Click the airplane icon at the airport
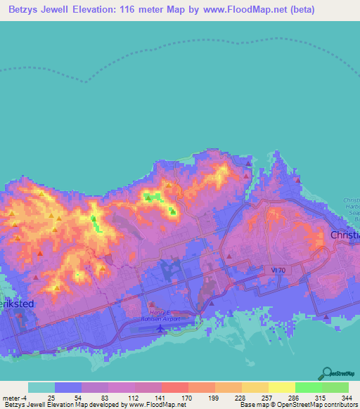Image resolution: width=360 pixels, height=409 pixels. pos(164,327)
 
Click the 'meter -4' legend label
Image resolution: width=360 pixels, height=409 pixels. pos(14,397)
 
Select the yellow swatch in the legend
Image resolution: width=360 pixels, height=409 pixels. pos(281,387)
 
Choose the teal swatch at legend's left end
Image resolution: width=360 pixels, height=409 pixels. pos(41,387)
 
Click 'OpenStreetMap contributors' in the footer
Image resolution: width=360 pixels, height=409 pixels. pos(320,405)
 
